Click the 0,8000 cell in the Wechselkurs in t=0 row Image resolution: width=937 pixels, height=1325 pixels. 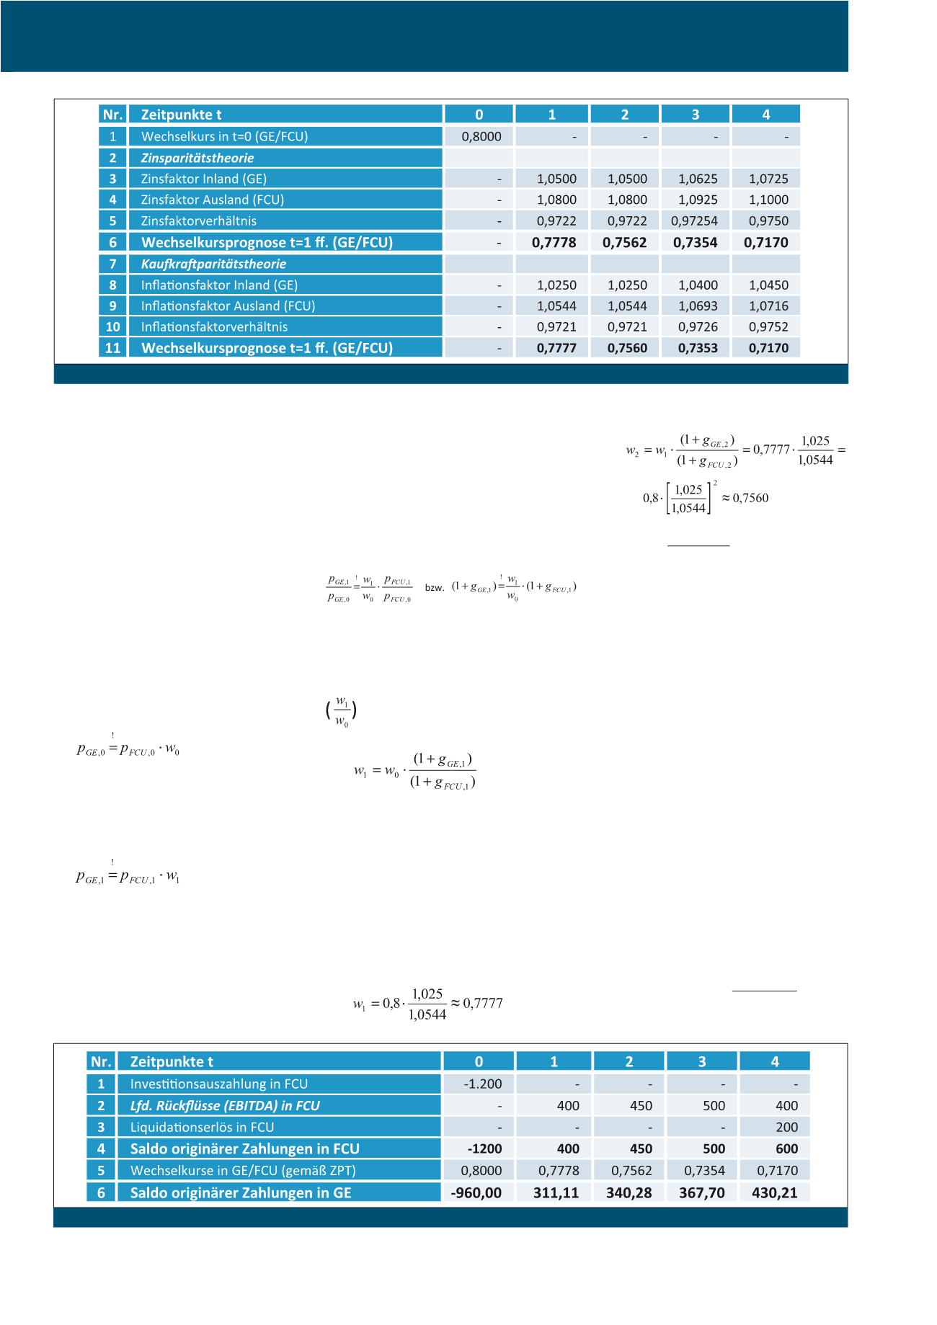tap(481, 137)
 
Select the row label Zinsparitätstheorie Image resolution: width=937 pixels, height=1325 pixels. tap(197, 158)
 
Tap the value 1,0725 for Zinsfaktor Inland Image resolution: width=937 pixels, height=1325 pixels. tap(768, 179)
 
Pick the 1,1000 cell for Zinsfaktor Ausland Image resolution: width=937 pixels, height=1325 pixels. tap(768, 200)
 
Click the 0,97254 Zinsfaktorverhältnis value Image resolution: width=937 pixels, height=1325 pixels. tap(694, 221)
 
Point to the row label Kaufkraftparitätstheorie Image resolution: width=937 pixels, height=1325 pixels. tap(213, 264)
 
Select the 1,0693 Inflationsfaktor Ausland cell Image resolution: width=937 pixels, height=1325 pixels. tap(698, 306)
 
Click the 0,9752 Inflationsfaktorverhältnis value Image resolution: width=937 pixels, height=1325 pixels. tap(768, 327)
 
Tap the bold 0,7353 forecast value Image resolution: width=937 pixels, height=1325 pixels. tap(697, 348)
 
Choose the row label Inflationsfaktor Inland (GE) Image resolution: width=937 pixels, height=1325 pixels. tap(219, 285)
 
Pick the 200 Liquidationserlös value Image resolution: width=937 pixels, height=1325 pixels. tap(786, 1128)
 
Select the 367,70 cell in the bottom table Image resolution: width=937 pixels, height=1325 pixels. tap(701, 1193)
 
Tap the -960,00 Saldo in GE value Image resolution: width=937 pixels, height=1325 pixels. tap(476, 1193)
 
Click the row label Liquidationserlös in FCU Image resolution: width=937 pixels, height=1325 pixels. tap(202, 1128)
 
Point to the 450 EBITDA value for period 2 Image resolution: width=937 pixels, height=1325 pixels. tap(641, 1106)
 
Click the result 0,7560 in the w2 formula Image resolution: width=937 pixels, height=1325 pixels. tap(750, 499)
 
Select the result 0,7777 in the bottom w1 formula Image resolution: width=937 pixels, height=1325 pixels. tap(483, 1003)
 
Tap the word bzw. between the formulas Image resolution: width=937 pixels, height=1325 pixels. tap(434, 588)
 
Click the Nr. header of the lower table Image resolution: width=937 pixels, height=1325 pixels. tap(101, 1062)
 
